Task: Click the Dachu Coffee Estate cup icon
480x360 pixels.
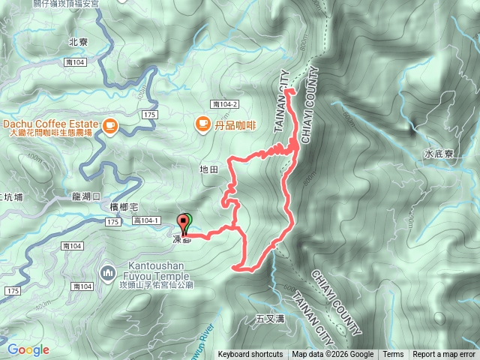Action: pos(110,124)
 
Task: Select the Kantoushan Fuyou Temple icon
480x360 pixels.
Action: pos(107,271)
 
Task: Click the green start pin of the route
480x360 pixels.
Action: pos(187,220)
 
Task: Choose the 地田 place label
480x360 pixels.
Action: pos(209,170)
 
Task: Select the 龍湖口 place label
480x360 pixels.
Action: pos(85,196)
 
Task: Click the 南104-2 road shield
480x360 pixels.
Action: pos(224,104)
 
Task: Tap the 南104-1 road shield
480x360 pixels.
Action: pos(146,220)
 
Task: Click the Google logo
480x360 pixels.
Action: pos(28,349)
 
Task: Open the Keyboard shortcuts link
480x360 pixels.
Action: pos(250,355)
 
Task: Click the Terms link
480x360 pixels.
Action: pos(393,355)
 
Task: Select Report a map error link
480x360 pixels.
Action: pos(444,355)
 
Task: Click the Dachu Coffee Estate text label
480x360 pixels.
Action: pos(50,123)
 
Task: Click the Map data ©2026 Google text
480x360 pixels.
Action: pos(333,355)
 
